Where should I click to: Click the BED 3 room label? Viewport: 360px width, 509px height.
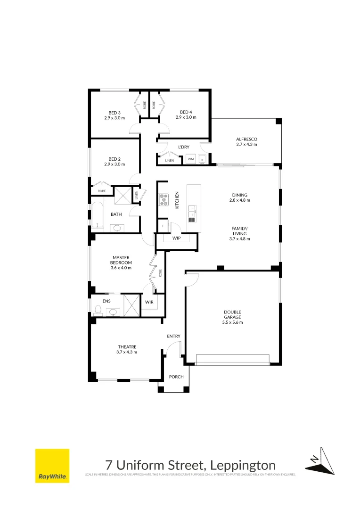(115, 113)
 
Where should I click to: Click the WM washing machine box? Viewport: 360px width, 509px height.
(191, 160)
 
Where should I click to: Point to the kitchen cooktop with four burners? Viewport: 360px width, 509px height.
(164, 200)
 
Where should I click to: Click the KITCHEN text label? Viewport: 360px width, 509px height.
(177, 200)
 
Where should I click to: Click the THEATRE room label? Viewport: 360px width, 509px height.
(126, 347)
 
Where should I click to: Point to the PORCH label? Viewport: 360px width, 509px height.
(176, 377)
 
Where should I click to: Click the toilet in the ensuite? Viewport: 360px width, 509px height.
(98, 310)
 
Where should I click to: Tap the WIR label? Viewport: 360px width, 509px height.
(149, 302)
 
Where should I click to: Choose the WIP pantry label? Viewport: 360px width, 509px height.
(176, 238)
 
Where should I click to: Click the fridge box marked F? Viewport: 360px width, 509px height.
(163, 226)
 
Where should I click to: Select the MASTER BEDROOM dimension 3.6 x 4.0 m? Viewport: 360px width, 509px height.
(121, 268)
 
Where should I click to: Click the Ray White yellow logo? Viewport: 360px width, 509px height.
(52, 466)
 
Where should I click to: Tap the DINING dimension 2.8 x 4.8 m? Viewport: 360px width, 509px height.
(239, 200)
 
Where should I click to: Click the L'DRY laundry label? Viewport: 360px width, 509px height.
(183, 148)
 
